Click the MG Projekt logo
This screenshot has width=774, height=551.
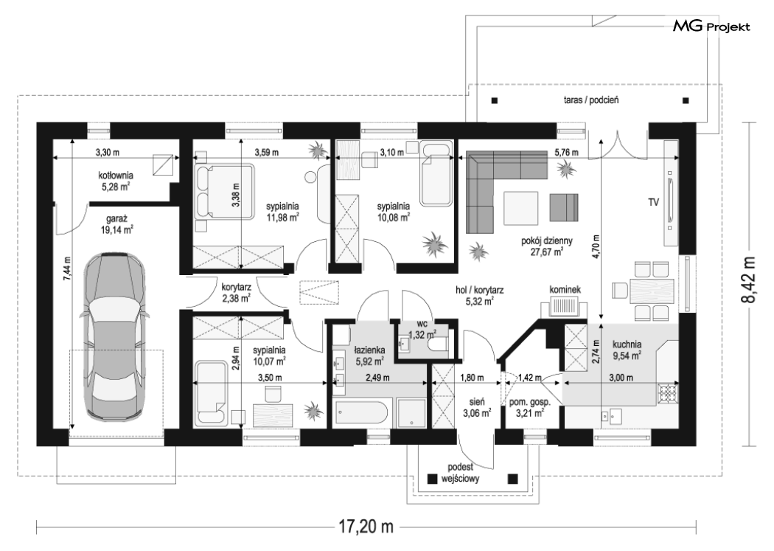click(x=711, y=26)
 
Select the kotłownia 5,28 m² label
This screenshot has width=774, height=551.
click(x=116, y=181)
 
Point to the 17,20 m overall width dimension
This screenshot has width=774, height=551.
click(x=366, y=527)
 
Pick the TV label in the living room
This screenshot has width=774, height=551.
click(x=654, y=202)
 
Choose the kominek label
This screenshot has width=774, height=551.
click(x=565, y=290)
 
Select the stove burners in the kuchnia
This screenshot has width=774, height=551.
click(x=669, y=393)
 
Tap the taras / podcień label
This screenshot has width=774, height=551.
click(x=591, y=100)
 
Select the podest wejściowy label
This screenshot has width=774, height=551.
click(x=460, y=473)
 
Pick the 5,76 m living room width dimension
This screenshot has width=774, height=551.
click(x=566, y=153)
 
